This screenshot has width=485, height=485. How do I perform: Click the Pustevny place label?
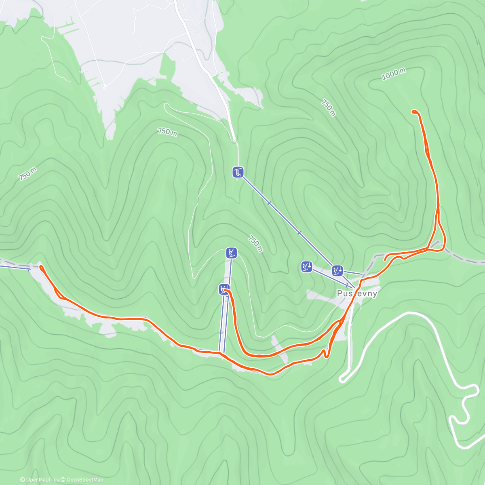[x=357, y=294]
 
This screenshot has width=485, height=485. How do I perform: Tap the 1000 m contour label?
[x=394, y=74]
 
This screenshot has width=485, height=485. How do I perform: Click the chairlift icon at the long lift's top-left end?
[x=238, y=173]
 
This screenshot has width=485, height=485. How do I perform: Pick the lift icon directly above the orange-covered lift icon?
[x=232, y=253]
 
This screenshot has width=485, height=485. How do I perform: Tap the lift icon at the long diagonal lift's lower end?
[x=337, y=270]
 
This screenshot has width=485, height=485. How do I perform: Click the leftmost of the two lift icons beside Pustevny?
[x=307, y=267]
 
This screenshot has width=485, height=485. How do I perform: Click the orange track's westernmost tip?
[x=40, y=266]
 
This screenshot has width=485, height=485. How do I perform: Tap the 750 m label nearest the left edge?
[x=27, y=174]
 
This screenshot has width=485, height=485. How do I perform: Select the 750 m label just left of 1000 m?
[x=329, y=108]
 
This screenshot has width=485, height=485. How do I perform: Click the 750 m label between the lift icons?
[x=255, y=243]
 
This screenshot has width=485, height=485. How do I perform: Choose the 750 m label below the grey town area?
[x=167, y=132]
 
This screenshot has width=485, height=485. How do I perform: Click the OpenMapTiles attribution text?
[x=42, y=480]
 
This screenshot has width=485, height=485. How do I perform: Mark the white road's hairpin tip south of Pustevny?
[x=342, y=380]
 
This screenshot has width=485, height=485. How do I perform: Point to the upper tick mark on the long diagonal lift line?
[x=269, y=203]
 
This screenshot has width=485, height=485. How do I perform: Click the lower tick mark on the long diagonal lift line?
[x=299, y=232]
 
